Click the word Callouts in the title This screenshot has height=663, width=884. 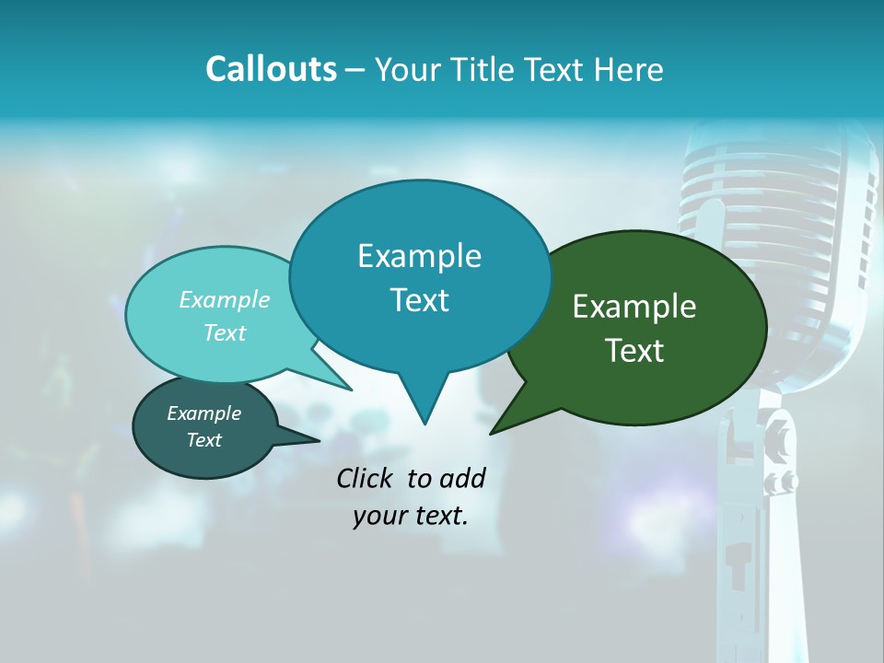click(271, 69)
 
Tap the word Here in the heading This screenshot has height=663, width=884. click(628, 69)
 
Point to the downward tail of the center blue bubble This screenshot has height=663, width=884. click(424, 405)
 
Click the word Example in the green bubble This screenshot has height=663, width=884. click(634, 307)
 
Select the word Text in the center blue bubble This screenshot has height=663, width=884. click(420, 300)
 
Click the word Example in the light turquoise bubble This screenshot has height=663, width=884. click(224, 299)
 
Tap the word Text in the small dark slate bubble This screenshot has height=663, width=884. click(204, 440)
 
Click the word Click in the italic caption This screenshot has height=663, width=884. click(366, 478)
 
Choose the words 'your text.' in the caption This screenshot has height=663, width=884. click(411, 516)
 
